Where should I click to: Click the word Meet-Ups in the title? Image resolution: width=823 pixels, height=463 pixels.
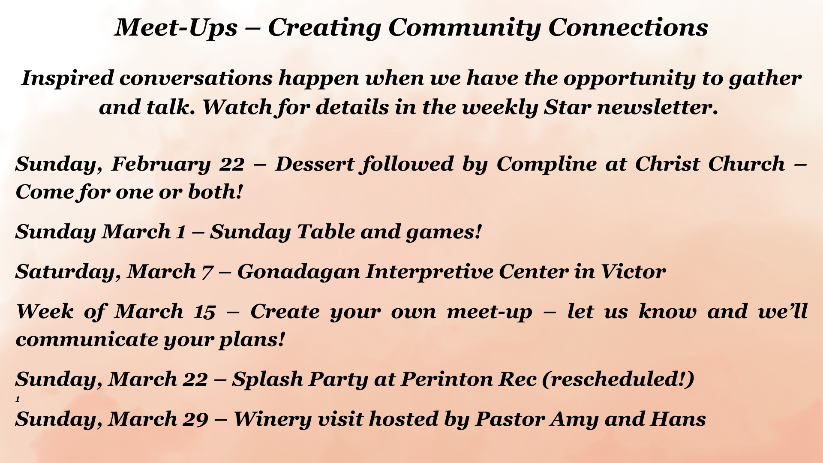point(176,28)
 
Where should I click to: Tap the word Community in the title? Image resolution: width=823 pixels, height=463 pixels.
point(464,28)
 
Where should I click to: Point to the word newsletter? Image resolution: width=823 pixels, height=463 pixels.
point(658,107)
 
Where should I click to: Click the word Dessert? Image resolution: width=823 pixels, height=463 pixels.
point(315,164)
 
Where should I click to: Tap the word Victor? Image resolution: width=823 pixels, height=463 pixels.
point(633,272)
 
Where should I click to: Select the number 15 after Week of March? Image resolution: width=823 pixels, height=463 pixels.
point(204,312)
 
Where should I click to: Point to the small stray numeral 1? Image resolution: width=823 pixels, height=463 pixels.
point(18,399)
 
